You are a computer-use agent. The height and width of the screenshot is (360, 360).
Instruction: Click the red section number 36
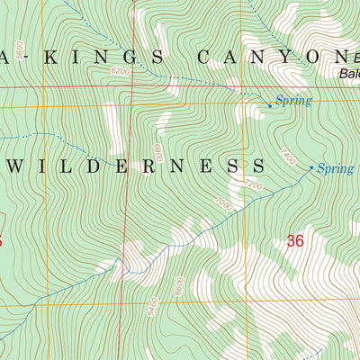tap(295, 240)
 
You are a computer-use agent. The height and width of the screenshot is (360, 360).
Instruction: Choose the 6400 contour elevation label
tap(155, 306)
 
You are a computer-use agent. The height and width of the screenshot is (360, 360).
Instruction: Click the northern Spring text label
tap(293, 101)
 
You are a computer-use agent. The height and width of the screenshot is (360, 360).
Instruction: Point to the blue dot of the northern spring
tap(270, 105)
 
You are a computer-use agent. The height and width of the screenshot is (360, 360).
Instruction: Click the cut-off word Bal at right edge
tap(349, 74)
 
